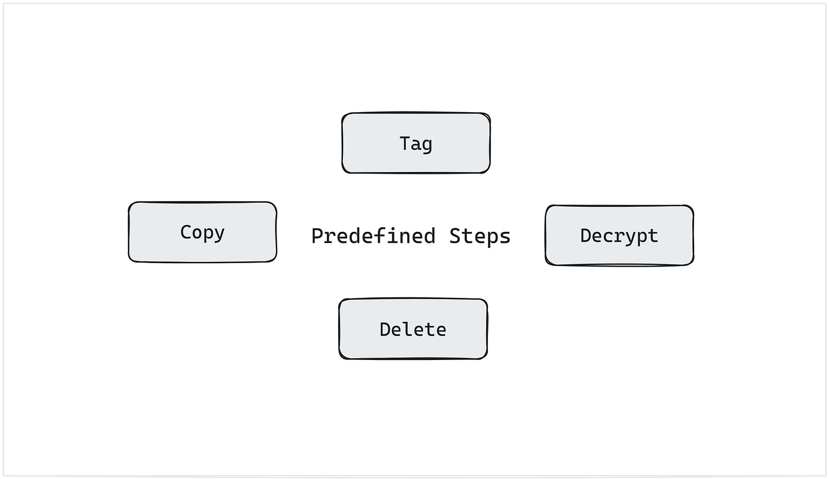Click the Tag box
pos(416,143)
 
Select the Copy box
pos(202,232)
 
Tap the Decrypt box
pos(619,235)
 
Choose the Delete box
pos(413,329)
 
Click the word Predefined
pos(374,236)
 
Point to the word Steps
pos(479,236)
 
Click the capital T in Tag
pos(405,143)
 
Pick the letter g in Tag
pos(427,145)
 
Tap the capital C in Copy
pos(186,232)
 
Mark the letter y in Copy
pos(219,234)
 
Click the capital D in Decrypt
pos(586,235)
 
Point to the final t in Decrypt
pos(653,235)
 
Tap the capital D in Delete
pos(385,329)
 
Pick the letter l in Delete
pos(408,329)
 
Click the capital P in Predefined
pos(317,236)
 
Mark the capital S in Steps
pos(455,236)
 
